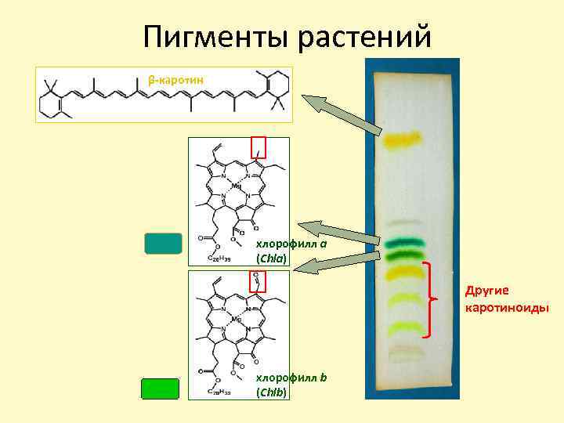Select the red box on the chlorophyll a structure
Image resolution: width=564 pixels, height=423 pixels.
[258, 146]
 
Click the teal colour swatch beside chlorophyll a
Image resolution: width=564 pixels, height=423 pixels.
[163, 244]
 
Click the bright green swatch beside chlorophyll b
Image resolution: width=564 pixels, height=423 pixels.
[160, 389]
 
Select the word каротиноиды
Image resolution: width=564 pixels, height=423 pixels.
[507, 307]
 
